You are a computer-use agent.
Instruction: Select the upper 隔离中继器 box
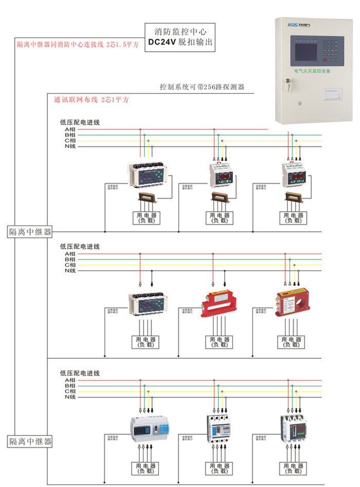click(30, 232)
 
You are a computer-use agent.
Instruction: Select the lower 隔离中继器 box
click(30, 441)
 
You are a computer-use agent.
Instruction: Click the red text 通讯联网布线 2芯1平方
click(91, 99)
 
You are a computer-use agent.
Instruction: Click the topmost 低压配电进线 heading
click(80, 123)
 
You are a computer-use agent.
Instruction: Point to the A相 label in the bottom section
click(70, 380)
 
